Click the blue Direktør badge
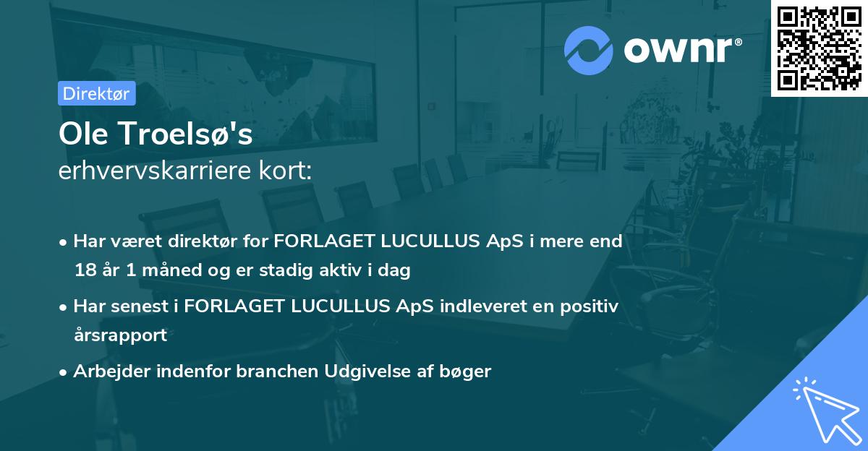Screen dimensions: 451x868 (96, 93)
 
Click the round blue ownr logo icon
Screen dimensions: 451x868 (588, 51)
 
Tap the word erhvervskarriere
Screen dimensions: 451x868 (158, 171)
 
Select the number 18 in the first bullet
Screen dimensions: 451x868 (84, 271)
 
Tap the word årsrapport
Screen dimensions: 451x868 (120, 335)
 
